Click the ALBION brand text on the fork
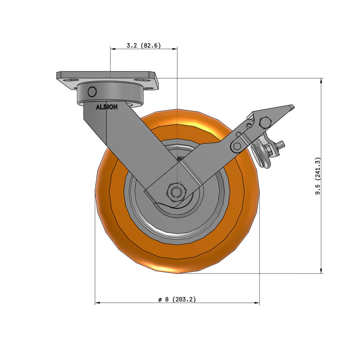[x=107, y=107]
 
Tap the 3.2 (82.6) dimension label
[x=144, y=45]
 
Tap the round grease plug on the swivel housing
[x=92, y=91]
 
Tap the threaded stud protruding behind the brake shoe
[x=281, y=144]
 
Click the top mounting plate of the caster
[x=108, y=75]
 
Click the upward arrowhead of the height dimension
[x=321, y=81]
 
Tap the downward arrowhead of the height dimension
[x=321, y=270]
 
